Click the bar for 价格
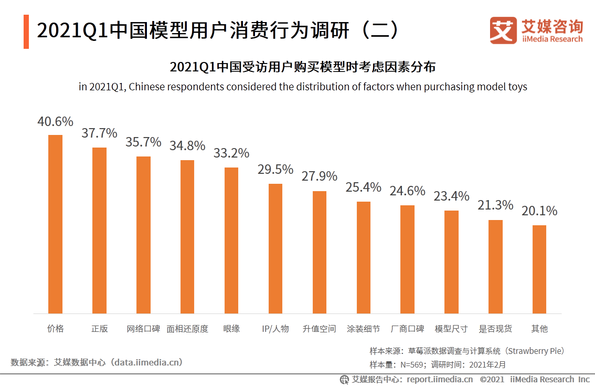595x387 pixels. click(55, 224)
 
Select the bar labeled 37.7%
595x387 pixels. click(99, 231)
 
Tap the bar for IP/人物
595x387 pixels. click(275, 248)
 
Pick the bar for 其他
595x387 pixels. click(539, 269)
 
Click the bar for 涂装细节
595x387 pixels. click(364, 257)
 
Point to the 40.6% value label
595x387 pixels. click(55, 122)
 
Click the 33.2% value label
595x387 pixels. click(231, 153)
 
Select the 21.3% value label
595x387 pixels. click(495, 205)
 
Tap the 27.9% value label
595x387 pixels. click(320, 176)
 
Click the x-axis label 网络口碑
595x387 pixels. click(143, 329)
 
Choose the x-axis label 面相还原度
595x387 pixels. click(187, 329)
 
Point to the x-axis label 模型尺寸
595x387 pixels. click(451, 329)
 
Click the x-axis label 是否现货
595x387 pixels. click(495, 329)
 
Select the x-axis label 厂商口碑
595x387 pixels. click(408, 329)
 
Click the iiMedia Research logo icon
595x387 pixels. click(503, 30)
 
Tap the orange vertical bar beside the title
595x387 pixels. click(26, 32)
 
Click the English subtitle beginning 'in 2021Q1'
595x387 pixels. click(303, 87)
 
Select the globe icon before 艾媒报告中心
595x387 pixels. click(344, 379)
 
